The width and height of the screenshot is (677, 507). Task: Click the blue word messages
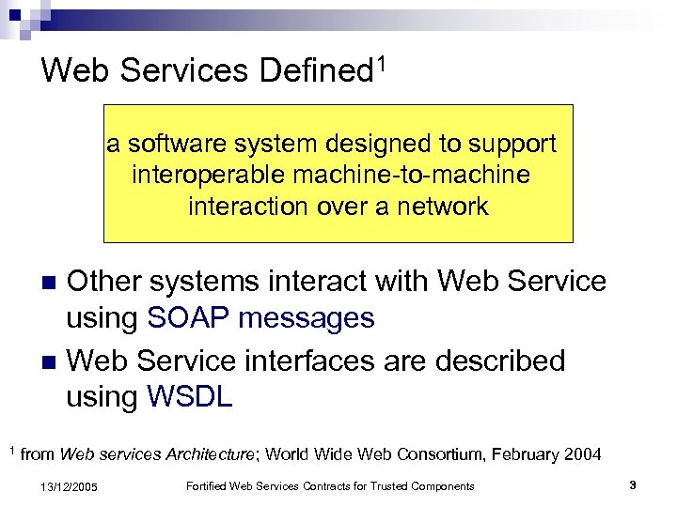point(307,319)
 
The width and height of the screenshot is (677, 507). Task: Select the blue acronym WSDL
point(189,397)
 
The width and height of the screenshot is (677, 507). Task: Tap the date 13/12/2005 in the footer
point(71,486)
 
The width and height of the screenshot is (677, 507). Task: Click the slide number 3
point(633,485)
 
